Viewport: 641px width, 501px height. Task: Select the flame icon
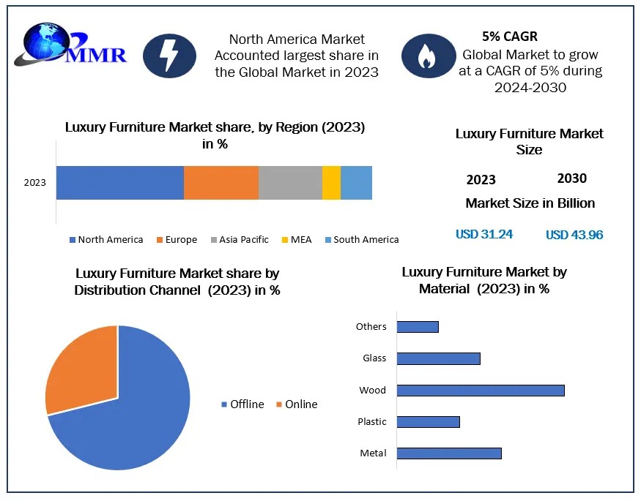[427, 56]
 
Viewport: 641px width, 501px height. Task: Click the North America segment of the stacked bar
[119, 183]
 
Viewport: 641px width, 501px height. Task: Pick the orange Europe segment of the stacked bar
[221, 183]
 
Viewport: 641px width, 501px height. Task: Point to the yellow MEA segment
[331, 183]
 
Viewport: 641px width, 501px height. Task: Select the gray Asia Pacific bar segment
[290, 183]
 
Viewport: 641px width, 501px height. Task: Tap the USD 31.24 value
[484, 234]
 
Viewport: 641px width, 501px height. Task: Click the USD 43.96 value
[574, 235]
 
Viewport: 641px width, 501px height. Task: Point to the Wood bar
[481, 390]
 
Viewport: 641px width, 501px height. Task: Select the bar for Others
[418, 326]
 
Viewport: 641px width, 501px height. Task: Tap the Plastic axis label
[372, 422]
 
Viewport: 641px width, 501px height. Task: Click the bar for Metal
[449, 453]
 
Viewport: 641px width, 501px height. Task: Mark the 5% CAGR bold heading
[510, 37]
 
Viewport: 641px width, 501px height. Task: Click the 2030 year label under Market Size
[571, 178]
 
